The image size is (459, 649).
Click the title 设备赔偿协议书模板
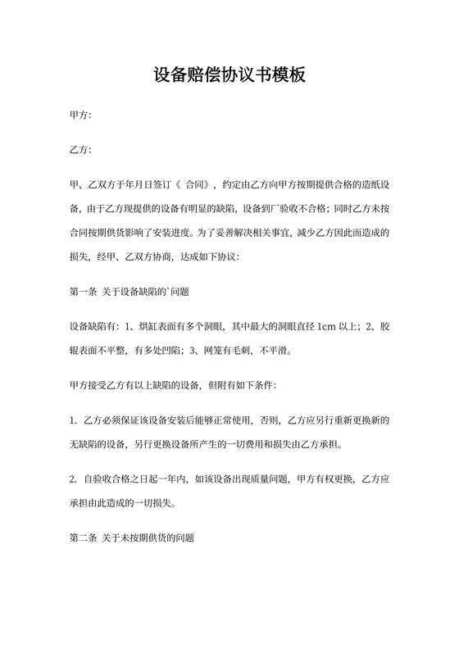click(229, 76)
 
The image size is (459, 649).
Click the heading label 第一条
click(83, 291)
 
